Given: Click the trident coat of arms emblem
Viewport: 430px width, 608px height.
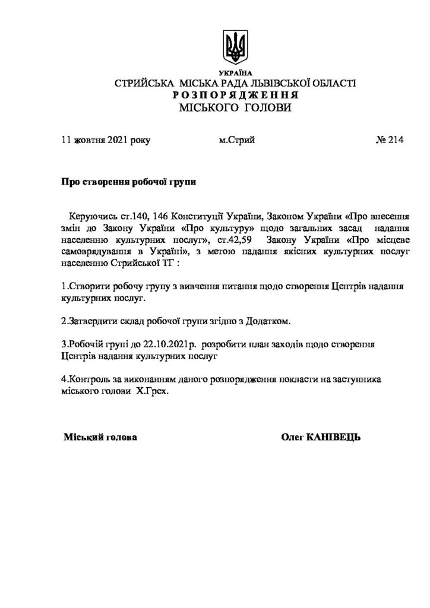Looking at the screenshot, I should pos(235,45).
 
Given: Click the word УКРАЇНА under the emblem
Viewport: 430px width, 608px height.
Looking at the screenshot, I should pos(235,72).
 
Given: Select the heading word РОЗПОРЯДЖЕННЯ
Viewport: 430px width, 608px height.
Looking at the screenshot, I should pos(236,95).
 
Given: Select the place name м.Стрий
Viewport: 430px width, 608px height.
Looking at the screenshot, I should pos(237,140).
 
